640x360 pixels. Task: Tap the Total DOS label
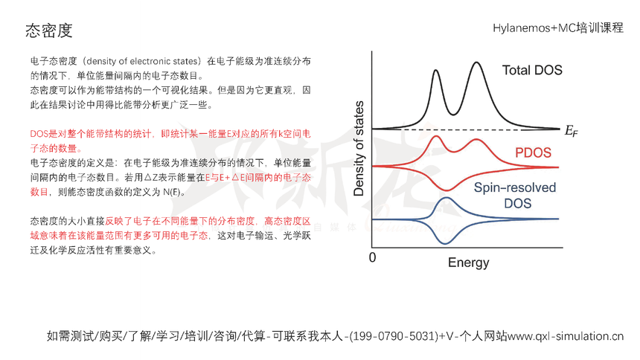point(532,71)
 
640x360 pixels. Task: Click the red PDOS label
point(533,153)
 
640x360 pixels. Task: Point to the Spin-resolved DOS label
point(515,195)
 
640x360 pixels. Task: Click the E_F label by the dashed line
point(569,132)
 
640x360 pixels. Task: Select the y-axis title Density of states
point(359,148)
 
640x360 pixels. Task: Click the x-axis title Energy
point(468,263)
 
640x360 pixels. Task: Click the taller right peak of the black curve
point(476,65)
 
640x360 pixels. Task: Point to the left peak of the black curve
point(435,71)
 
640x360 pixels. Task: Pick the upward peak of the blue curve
point(445,199)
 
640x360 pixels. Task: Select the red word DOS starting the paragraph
point(39,133)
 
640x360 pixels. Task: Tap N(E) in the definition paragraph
point(171,191)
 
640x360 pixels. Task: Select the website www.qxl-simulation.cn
point(566,335)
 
